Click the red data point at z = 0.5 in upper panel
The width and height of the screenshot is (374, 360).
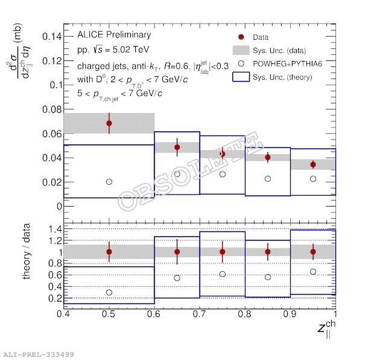[x=109, y=123]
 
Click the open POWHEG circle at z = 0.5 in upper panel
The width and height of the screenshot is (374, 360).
[x=109, y=182]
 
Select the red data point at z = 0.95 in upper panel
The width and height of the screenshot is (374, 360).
[x=313, y=164]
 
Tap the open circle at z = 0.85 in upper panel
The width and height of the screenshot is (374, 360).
[x=268, y=179]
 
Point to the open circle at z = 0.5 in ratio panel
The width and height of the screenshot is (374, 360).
[x=109, y=292]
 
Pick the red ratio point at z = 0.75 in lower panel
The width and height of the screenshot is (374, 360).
[x=223, y=252]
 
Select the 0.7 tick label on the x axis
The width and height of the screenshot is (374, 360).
[x=200, y=314]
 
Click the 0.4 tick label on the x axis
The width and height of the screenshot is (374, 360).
[x=63, y=314]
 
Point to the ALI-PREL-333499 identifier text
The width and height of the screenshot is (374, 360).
[x=39, y=355]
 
